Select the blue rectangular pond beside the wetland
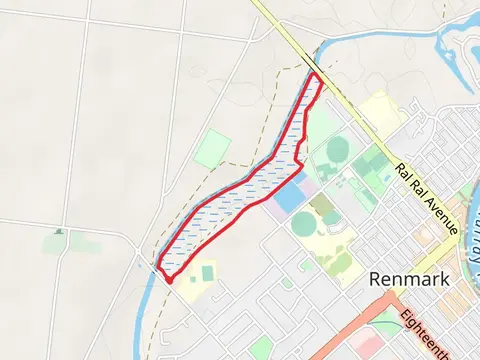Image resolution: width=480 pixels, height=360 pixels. (x=288, y=196)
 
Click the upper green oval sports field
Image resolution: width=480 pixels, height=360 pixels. (x=337, y=151)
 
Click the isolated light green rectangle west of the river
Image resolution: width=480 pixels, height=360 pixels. (x=212, y=149)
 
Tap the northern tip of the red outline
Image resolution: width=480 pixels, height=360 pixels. (x=317, y=75)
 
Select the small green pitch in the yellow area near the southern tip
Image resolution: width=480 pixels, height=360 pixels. (x=207, y=272)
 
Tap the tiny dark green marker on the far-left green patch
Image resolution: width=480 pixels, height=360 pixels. (x=58, y=232)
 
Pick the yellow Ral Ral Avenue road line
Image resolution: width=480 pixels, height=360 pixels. (x=360, y=130)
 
